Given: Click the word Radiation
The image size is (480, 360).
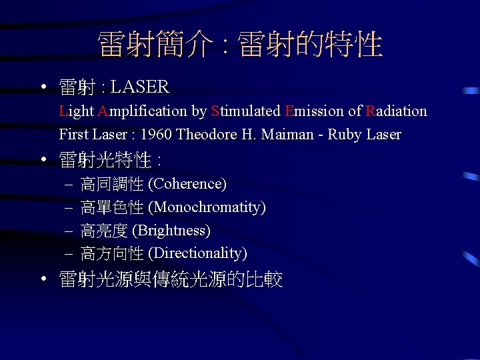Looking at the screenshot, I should [x=396, y=111].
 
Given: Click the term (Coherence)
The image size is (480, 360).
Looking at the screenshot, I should [x=187, y=183].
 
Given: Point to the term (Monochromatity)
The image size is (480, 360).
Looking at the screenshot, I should [x=207, y=207].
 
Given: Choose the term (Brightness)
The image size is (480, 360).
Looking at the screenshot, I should [x=171, y=231].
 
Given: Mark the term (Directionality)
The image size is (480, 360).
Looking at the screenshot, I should [x=197, y=253].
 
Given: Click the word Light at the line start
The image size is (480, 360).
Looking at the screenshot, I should [x=76, y=111].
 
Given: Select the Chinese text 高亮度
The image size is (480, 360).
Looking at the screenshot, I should [x=104, y=231].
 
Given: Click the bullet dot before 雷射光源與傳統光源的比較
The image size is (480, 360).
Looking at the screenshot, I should [x=43, y=279].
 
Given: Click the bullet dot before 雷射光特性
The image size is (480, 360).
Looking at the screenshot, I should [x=43, y=160].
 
